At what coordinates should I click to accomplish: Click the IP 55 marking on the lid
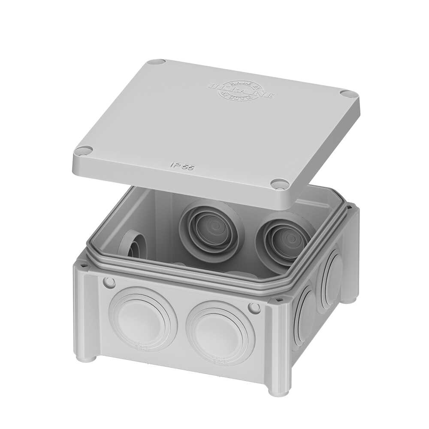pos(182,166)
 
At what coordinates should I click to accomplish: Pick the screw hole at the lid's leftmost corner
pos(84,151)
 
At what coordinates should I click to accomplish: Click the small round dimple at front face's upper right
pos(254,308)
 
